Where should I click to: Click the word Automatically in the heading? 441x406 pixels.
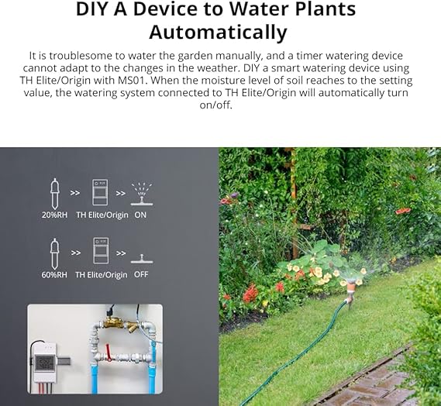point(218,33)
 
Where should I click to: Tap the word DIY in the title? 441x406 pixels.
point(92,9)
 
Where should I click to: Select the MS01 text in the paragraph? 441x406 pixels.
point(133,81)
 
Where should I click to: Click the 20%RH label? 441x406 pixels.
point(54,215)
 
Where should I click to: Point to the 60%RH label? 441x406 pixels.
point(54,275)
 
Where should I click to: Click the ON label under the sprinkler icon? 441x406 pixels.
point(140,215)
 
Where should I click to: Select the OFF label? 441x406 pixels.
point(141,274)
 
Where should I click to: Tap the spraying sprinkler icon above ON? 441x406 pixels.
point(142,194)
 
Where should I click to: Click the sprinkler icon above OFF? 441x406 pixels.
point(142,259)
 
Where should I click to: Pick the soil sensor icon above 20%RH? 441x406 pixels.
point(54,194)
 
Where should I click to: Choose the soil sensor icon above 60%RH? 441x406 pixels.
point(54,253)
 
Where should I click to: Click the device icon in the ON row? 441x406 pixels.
point(100,193)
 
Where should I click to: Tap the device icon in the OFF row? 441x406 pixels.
point(101,250)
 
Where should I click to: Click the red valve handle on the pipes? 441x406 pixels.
point(108,352)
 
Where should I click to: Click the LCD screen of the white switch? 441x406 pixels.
point(44,363)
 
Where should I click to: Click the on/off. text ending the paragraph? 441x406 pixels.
point(215,105)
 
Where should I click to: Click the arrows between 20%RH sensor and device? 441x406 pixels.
point(75,193)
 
